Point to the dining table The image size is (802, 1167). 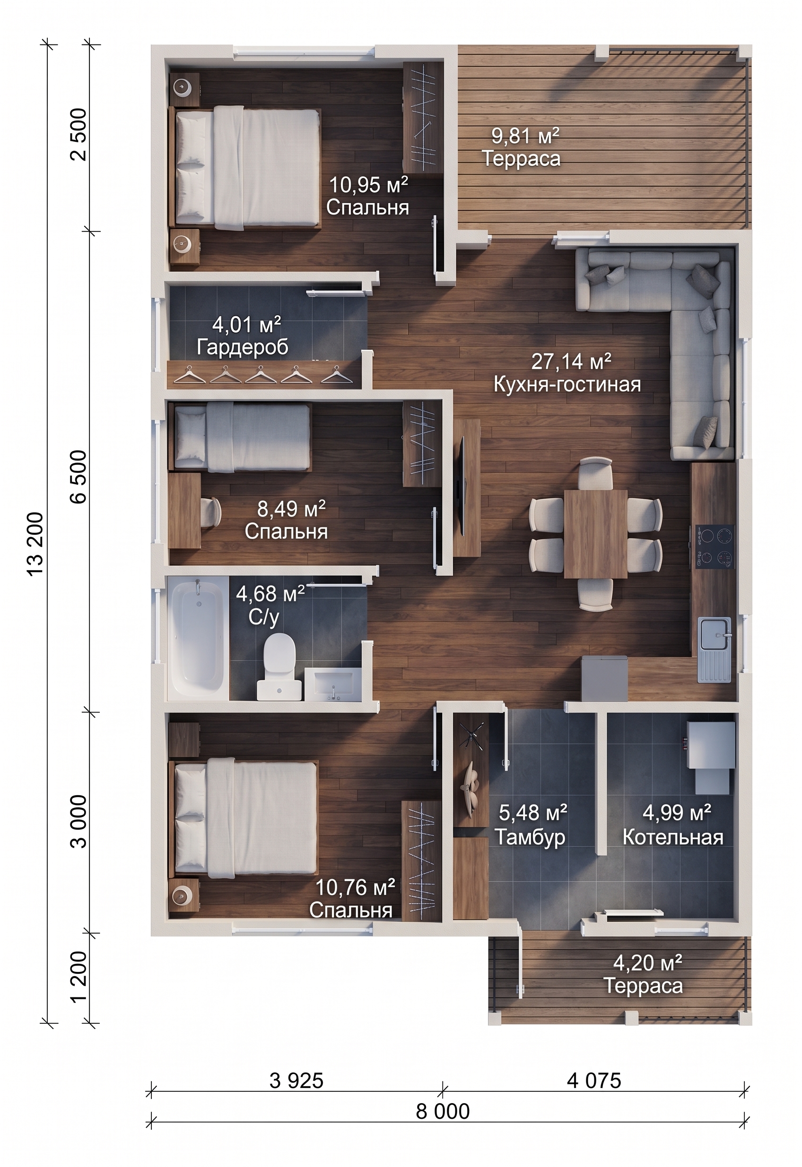pos(595,533)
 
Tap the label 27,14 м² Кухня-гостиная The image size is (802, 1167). pos(568,373)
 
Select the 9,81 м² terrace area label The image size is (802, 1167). pos(521,147)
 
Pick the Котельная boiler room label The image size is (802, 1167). pos(673,836)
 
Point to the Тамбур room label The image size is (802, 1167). pos(530,836)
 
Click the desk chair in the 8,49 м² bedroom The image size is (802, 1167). pos(211,512)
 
